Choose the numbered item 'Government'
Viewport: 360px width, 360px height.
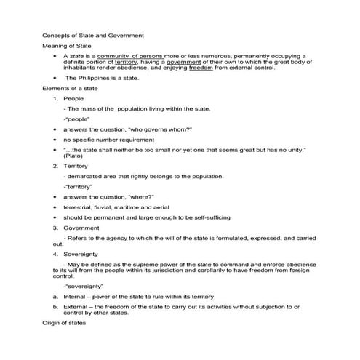click(81, 227)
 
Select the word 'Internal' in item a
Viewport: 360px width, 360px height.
click(76, 297)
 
